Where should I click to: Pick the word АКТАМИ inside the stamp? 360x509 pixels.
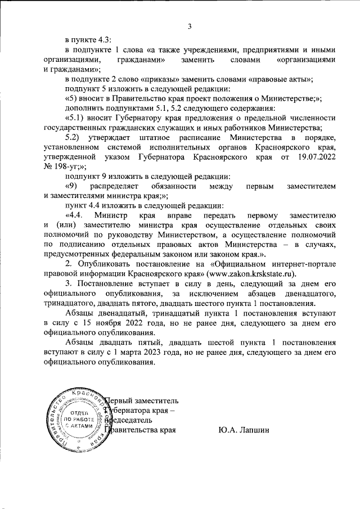[75, 427]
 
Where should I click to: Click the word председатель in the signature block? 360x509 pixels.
[128, 420]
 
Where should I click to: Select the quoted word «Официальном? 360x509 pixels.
[232, 264]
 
